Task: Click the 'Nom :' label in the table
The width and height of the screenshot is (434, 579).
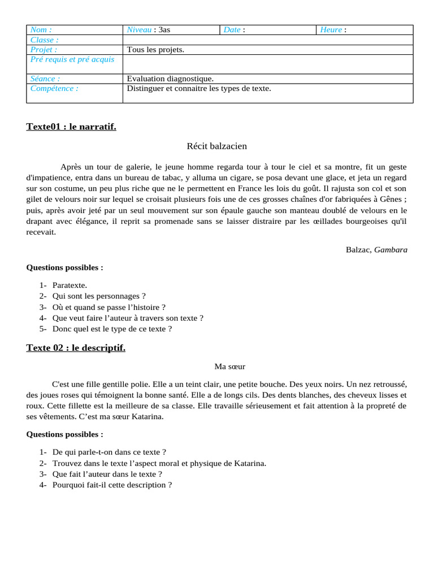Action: [x=41, y=30]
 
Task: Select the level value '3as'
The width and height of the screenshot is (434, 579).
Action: [x=164, y=30]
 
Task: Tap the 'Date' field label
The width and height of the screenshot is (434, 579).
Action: [x=232, y=30]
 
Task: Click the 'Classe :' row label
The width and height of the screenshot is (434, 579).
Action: [x=44, y=40]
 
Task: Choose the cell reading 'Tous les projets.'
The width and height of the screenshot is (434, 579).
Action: [x=155, y=50]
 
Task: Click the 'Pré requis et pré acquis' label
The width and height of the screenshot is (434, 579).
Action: [x=72, y=59]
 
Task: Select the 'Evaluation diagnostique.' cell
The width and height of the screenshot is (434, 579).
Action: [x=170, y=79]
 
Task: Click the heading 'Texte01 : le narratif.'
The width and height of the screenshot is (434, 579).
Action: [x=71, y=127]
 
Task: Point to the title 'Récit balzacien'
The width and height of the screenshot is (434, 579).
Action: [x=216, y=146]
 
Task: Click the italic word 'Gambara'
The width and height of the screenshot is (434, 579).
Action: [x=390, y=249]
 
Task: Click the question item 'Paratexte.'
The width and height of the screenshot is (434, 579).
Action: [x=70, y=286]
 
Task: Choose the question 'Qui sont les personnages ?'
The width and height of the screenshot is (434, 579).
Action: [x=99, y=296]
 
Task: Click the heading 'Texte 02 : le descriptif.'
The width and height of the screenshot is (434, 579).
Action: [x=76, y=348]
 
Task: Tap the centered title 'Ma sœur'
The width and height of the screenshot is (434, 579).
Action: [x=229, y=367]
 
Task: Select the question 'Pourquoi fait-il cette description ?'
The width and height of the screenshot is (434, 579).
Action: [x=112, y=485]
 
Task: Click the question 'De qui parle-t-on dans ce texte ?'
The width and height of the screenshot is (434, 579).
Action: [x=109, y=452]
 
